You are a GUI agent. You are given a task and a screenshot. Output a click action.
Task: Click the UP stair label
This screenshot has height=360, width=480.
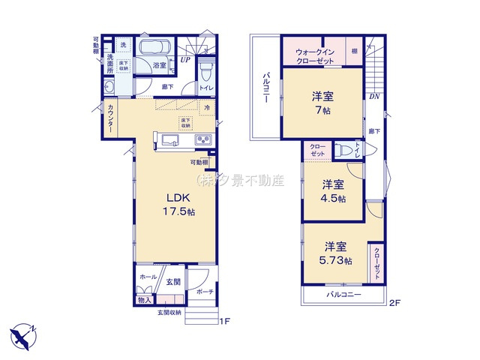(184, 59)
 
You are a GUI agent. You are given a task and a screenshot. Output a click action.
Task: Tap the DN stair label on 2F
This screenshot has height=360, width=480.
(373, 96)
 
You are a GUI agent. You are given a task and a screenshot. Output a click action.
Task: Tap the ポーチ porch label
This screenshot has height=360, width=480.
(204, 292)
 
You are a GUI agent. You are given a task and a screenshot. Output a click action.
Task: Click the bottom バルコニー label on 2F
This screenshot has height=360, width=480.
(343, 295)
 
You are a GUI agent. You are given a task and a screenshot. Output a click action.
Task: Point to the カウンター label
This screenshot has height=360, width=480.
(111, 119)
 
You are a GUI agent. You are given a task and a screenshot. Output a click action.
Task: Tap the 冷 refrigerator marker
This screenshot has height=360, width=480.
(208, 108)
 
